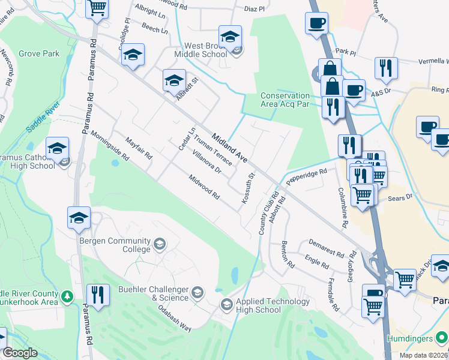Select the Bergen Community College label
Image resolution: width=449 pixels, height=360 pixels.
(x=116, y=245)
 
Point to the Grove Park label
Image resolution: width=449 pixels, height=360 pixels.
(x=39, y=53)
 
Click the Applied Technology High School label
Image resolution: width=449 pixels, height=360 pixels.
(x=258, y=305)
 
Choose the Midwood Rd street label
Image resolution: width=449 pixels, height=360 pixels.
(x=205, y=188)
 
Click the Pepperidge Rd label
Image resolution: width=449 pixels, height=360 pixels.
(x=306, y=175)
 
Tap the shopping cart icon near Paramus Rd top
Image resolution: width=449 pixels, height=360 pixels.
(x=96, y=9)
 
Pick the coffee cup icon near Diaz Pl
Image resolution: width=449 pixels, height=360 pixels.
(x=316, y=24)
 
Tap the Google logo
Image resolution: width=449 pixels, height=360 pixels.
(x=20, y=353)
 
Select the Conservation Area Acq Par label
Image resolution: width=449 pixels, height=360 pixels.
(x=285, y=100)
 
